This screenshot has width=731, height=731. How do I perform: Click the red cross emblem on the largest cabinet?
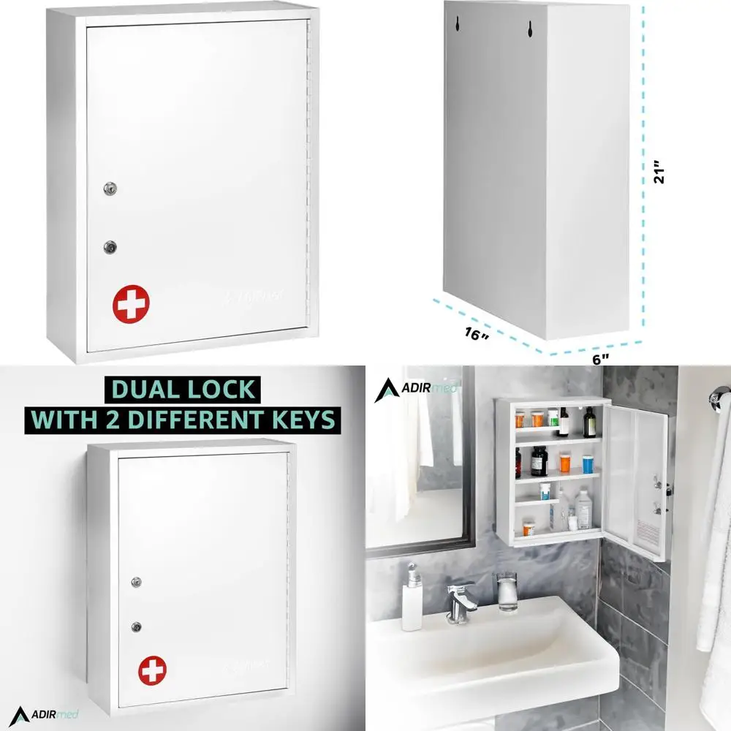coord(131,303)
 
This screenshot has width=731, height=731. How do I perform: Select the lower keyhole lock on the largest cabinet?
coord(110,247)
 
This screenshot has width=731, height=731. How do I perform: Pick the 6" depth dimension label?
coord(600,359)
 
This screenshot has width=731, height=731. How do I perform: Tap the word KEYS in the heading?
coord(301,419)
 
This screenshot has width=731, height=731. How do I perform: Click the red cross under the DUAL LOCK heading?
coord(153,670)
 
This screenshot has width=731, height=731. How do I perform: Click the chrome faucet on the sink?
coord(461,599)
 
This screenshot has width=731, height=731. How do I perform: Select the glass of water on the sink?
coord(507,591)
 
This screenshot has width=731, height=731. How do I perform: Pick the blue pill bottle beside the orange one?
coord(588,464)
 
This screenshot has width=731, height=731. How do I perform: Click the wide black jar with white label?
coord(539,462)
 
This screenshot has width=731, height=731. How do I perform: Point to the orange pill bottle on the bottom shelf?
coord(529,526)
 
